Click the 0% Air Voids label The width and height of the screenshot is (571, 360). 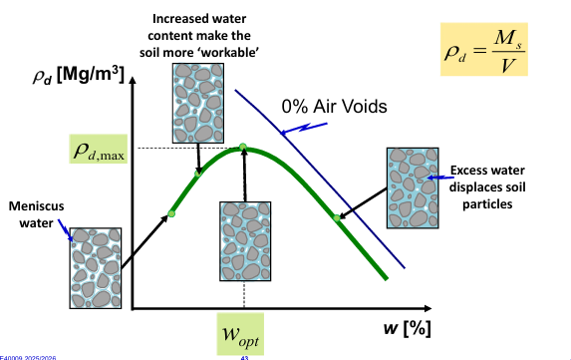click(x=333, y=105)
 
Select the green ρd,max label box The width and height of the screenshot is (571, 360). click(x=99, y=151)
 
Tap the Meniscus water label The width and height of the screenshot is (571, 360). click(x=36, y=213)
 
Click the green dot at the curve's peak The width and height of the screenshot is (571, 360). click(x=243, y=149)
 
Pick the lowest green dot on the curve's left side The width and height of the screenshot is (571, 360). click(x=171, y=213)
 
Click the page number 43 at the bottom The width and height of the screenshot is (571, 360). click(x=244, y=356)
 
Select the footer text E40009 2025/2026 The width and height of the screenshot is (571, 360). click(x=28, y=356)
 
